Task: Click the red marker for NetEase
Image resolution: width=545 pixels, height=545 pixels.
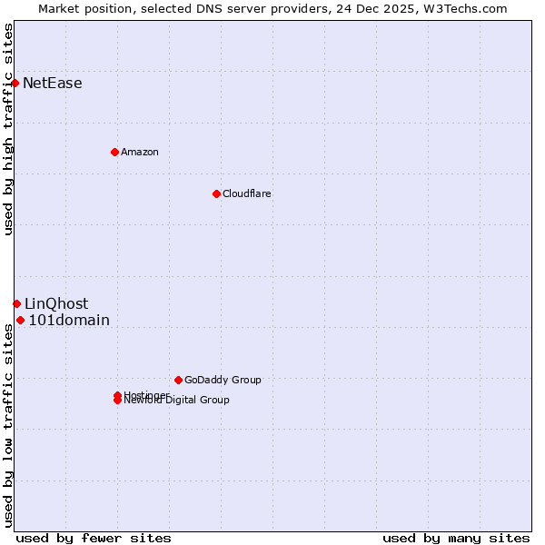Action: coord(15,84)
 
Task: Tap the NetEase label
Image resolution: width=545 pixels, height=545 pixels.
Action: coord(53,84)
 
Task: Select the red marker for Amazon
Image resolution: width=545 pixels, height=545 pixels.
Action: coord(114,152)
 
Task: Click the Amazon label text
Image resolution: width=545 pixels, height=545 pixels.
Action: coord(140,152)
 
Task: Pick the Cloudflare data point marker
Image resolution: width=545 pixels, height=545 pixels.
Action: coord(216,193)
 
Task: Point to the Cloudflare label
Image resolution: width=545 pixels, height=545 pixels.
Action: coord(247,193)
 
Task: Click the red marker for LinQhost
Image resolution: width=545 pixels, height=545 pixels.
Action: coord(16,303)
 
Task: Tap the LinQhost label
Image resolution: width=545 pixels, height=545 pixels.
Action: coord(56,303)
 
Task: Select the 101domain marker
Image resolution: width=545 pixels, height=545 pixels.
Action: coord(20,320)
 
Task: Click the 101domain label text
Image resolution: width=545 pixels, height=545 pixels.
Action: coord(69,320)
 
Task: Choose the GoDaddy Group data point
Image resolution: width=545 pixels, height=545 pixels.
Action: coord(178,380)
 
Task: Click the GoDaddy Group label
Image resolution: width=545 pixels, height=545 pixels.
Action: coord(223,380)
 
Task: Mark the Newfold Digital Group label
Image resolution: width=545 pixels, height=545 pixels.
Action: coord(177,401)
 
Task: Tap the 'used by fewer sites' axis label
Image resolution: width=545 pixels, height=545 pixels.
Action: coord(94,538)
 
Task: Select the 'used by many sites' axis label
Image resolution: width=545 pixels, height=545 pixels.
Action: coord(456,538)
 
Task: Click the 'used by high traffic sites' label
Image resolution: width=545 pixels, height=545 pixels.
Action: coord(8,129)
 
